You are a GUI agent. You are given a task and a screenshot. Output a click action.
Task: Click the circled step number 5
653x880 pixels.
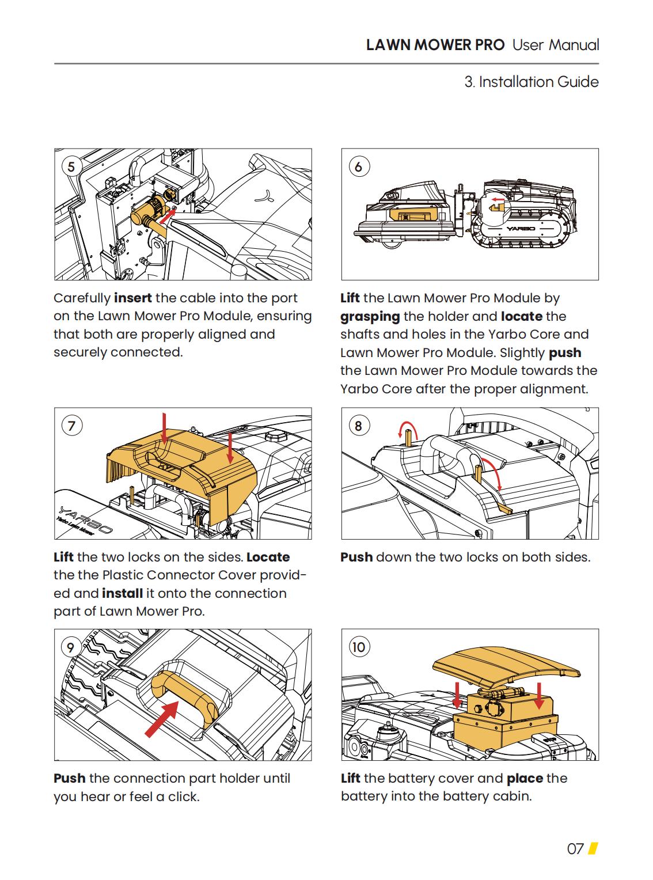point(71,167)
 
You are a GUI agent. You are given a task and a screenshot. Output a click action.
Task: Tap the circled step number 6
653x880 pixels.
point(358,167)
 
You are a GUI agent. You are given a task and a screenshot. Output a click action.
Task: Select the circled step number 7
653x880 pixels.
point(71,426)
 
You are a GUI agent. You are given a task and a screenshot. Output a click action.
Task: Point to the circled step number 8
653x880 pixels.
point(358,426)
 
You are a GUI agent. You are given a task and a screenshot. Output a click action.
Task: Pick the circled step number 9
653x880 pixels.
point(70,647)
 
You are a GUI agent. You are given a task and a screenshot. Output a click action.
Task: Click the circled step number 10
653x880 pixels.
point(358,647)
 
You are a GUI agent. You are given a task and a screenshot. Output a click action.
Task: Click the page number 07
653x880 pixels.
point(575,849)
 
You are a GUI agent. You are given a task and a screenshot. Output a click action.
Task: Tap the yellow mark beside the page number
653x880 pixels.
point(593,849)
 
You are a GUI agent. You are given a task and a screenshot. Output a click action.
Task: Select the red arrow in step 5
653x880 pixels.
point(168,216)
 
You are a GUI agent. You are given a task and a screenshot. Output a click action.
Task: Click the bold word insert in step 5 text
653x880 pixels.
point(133,298)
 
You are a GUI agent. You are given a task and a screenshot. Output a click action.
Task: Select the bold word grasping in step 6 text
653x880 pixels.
point(370,317)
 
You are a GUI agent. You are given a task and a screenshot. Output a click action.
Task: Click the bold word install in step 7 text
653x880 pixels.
point(122,594)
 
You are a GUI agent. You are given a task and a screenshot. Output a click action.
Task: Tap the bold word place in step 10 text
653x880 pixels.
point(525,779)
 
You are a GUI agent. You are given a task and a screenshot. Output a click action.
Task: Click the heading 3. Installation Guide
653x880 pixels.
point(531,82)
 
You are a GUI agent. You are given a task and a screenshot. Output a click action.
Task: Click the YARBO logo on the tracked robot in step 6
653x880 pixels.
point(521,229)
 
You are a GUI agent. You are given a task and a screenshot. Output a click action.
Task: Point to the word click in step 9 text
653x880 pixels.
point(182,797)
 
